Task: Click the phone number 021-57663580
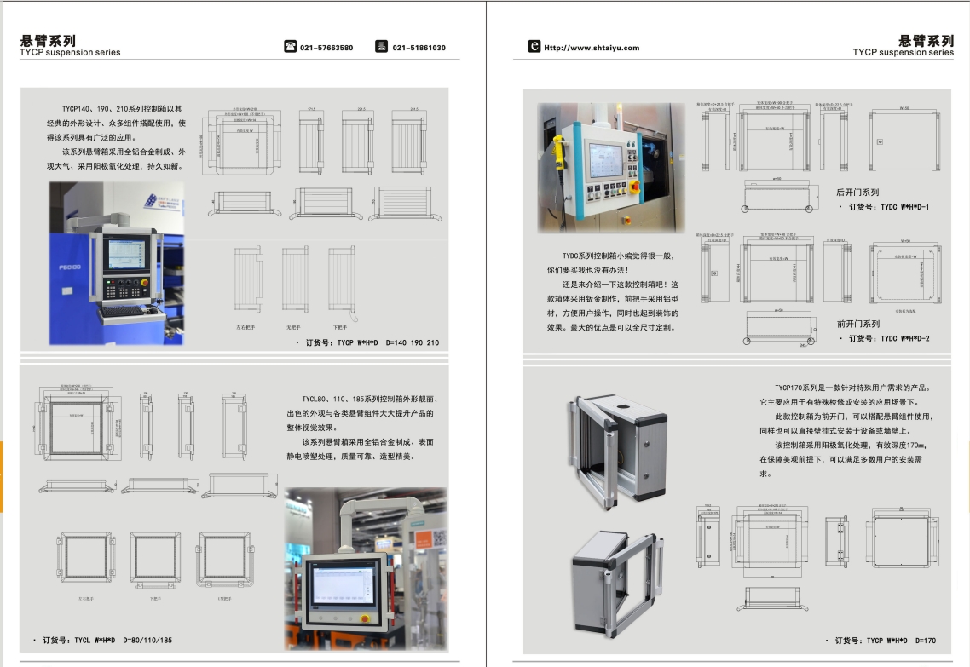[x=326, y=48]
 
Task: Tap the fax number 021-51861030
[x=419, y=48]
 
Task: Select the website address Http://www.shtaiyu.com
[x=592, y=48]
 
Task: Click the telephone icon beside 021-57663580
[x=291, y=47]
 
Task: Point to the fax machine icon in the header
[x=382, y=47]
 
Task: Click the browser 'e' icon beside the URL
[x=534, y=47]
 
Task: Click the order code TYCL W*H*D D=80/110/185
[x=106, y=639]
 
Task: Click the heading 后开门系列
[x=857, y=193]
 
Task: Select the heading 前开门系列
[x=857, y=324]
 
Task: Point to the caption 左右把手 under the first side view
[x=247, y=326]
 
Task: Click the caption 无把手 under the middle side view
[x=295, y=326]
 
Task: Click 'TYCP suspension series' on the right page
[x=903, y=53]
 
